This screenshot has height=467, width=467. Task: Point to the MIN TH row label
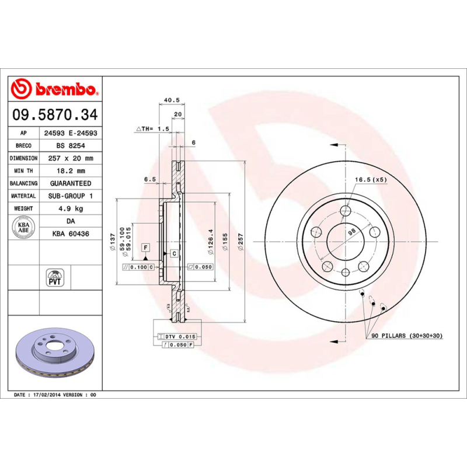pos(24,170)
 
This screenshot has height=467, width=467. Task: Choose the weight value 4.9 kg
pos(70,208)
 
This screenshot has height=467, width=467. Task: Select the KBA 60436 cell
pos(70,233)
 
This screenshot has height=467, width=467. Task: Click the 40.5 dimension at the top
pos(170,100)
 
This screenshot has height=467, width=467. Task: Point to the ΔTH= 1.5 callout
pos(152,128)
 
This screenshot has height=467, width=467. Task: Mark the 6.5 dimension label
pos(150,179)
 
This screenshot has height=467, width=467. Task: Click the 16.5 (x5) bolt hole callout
pos(371,179)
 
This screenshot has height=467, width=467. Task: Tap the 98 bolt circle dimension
pos(351,232)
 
